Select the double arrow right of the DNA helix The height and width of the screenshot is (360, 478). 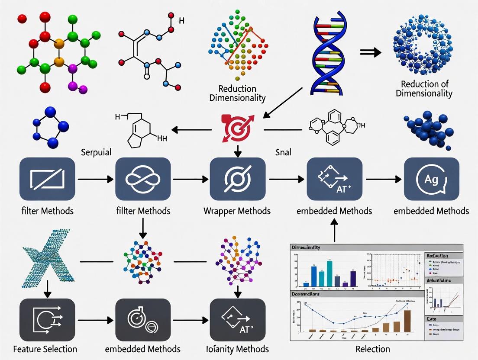tap(371, 52)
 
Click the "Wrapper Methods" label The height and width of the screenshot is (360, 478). tap(237, 211)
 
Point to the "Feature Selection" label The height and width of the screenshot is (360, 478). tap(45, 349)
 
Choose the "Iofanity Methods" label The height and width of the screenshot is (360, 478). tap(237, 349)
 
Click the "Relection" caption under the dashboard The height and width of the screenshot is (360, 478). tap(373, 349)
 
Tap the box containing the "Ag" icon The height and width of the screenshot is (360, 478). tap(431, 179)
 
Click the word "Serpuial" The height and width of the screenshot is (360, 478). tap(96, 152)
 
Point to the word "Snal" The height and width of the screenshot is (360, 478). tap(283, 152)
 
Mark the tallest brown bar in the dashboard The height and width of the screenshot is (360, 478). tap(407, 321)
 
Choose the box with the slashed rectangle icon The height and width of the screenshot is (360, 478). tap(47, 179)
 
